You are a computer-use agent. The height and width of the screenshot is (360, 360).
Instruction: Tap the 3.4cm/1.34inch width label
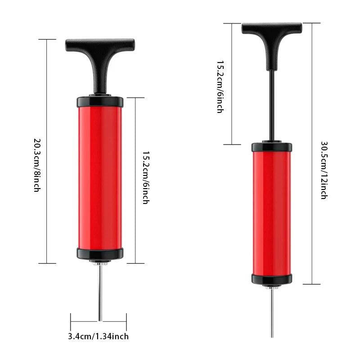coord(99,336)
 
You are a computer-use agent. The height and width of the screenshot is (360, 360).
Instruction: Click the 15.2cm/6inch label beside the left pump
coord(145,177)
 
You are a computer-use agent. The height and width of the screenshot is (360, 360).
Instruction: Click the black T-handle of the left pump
coord(100,45)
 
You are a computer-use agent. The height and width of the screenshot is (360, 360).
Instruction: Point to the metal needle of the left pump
coord(100,297)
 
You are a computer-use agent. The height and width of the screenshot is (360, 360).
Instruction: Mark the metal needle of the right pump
coord(272,315)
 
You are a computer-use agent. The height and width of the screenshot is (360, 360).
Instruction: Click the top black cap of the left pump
coord(100,101)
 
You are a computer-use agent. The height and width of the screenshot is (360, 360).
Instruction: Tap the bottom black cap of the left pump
coord(100,253)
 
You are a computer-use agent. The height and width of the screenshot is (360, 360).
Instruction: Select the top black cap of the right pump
coord(271,147)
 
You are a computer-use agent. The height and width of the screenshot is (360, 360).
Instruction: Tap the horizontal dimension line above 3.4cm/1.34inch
coord(85,321)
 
